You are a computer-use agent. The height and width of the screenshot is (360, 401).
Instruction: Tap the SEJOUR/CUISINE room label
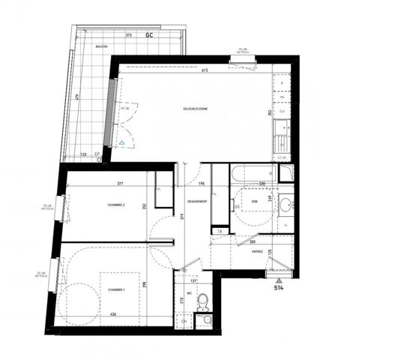(195, 110)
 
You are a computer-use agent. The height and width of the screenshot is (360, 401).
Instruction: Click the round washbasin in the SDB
(288, 203)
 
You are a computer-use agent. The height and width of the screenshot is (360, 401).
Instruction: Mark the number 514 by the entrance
(279, 287)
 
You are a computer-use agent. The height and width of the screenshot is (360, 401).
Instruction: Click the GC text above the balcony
(151, 35)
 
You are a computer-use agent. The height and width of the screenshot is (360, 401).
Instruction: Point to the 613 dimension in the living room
(203, 70)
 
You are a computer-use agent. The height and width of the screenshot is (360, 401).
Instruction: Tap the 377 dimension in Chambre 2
(119, 183)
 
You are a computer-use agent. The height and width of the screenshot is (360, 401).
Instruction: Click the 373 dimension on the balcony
(129, 34)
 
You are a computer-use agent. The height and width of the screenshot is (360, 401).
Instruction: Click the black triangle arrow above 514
(279, 277)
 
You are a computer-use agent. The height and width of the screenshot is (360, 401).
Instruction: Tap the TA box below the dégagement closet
(219, 230)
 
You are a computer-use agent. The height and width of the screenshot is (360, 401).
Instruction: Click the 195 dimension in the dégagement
(202, 183)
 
